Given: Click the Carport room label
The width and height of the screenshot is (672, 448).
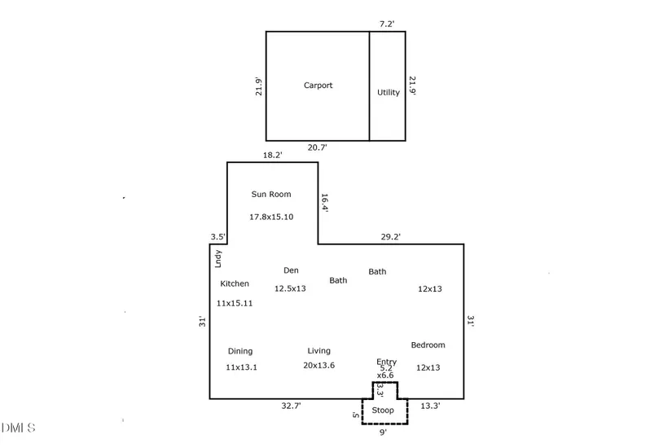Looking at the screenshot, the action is coord(318,86).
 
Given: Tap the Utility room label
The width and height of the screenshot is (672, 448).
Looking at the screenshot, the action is coord(389,92).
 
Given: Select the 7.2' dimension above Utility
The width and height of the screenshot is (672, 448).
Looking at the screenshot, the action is coord(387,24).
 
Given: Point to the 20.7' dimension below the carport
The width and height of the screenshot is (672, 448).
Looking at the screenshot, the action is coord(317,147).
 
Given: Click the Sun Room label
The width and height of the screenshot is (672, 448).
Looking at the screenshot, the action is coord(271,194).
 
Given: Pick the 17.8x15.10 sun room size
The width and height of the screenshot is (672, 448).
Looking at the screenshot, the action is coord(271,217).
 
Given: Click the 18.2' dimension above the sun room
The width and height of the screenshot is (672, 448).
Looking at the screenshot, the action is coord(273,156).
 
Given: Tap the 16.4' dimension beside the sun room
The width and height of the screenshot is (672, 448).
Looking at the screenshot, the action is coord(325,203).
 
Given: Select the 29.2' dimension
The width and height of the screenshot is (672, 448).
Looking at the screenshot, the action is coord(391,237).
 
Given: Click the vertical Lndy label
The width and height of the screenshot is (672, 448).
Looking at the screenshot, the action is coord(218,259).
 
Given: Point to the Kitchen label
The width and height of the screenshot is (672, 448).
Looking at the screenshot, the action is coord(235,283).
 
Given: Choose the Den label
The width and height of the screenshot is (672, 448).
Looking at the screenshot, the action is coord(291,270).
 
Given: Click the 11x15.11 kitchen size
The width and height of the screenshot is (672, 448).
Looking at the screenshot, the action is coord(235,304).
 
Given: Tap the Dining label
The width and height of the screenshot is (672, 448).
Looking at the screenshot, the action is coord(240,351).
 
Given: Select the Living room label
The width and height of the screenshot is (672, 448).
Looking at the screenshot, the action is coord(318,351).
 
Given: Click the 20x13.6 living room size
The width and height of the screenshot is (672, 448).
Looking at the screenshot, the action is coord(318,365).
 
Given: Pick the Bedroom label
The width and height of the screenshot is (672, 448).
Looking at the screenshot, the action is coord(428,345).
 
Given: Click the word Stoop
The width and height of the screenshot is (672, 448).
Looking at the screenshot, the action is coord(383,411).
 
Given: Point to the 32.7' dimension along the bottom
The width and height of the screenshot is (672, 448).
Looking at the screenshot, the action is coord(292,406).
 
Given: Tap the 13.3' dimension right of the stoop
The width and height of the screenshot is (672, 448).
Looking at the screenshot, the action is coord(430,406).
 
